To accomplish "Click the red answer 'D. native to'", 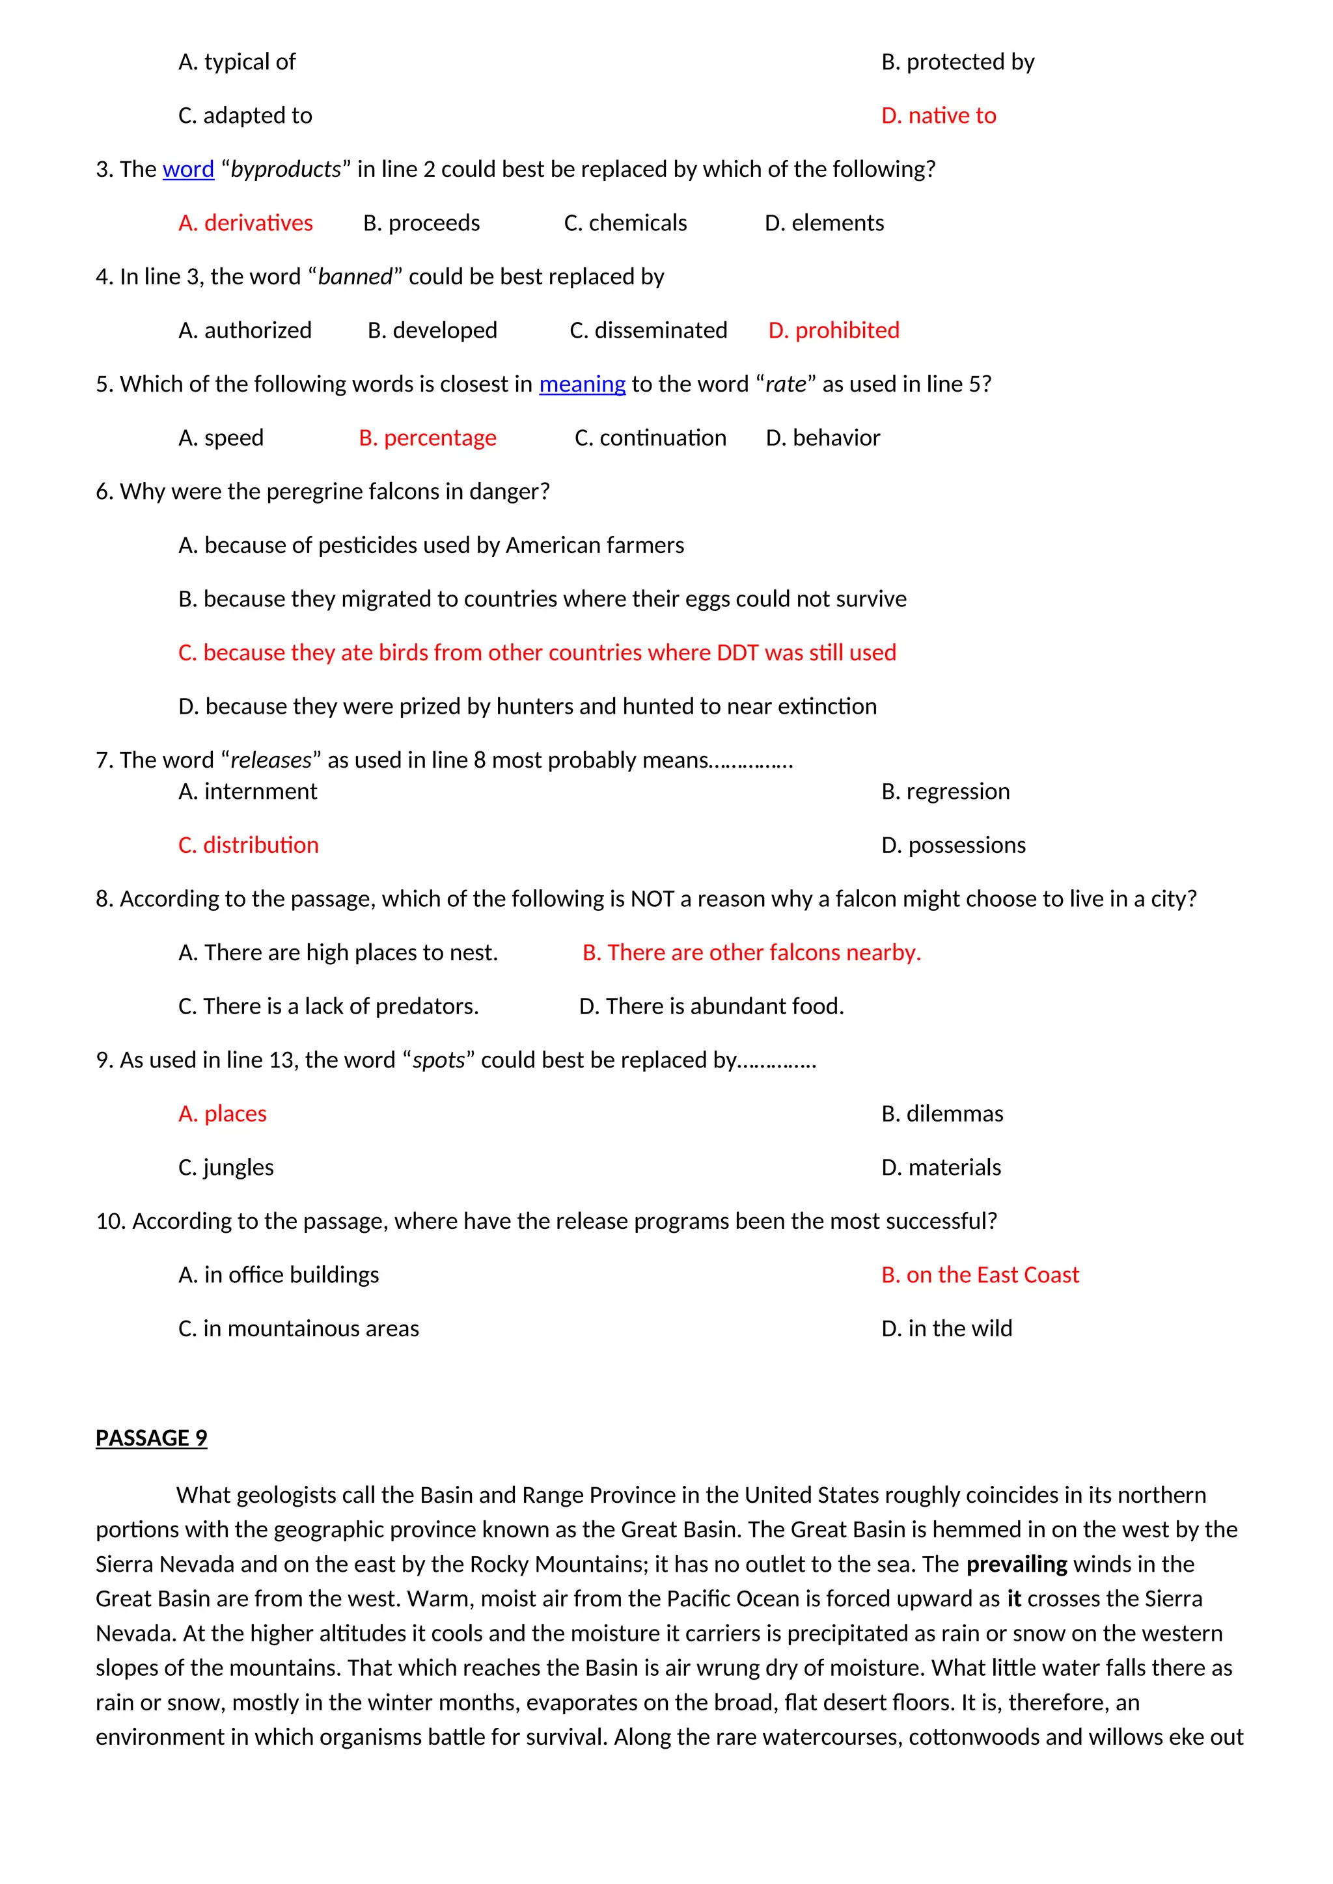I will click(938, 116).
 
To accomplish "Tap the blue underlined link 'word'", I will click(188, 169).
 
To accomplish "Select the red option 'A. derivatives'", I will click(245, 223).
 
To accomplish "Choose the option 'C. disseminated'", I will click(648, 330).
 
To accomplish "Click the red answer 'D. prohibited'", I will click(833, 330).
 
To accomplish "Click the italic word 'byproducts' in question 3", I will click(286, 169).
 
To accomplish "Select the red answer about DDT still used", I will click(537, 653).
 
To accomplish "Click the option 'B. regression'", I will click(945, 791).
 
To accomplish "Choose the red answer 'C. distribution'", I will click(248, 845).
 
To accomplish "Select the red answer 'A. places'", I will click(223, 1114).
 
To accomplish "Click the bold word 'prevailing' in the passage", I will click(1016, 1564).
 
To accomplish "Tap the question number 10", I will click(109, 1221).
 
